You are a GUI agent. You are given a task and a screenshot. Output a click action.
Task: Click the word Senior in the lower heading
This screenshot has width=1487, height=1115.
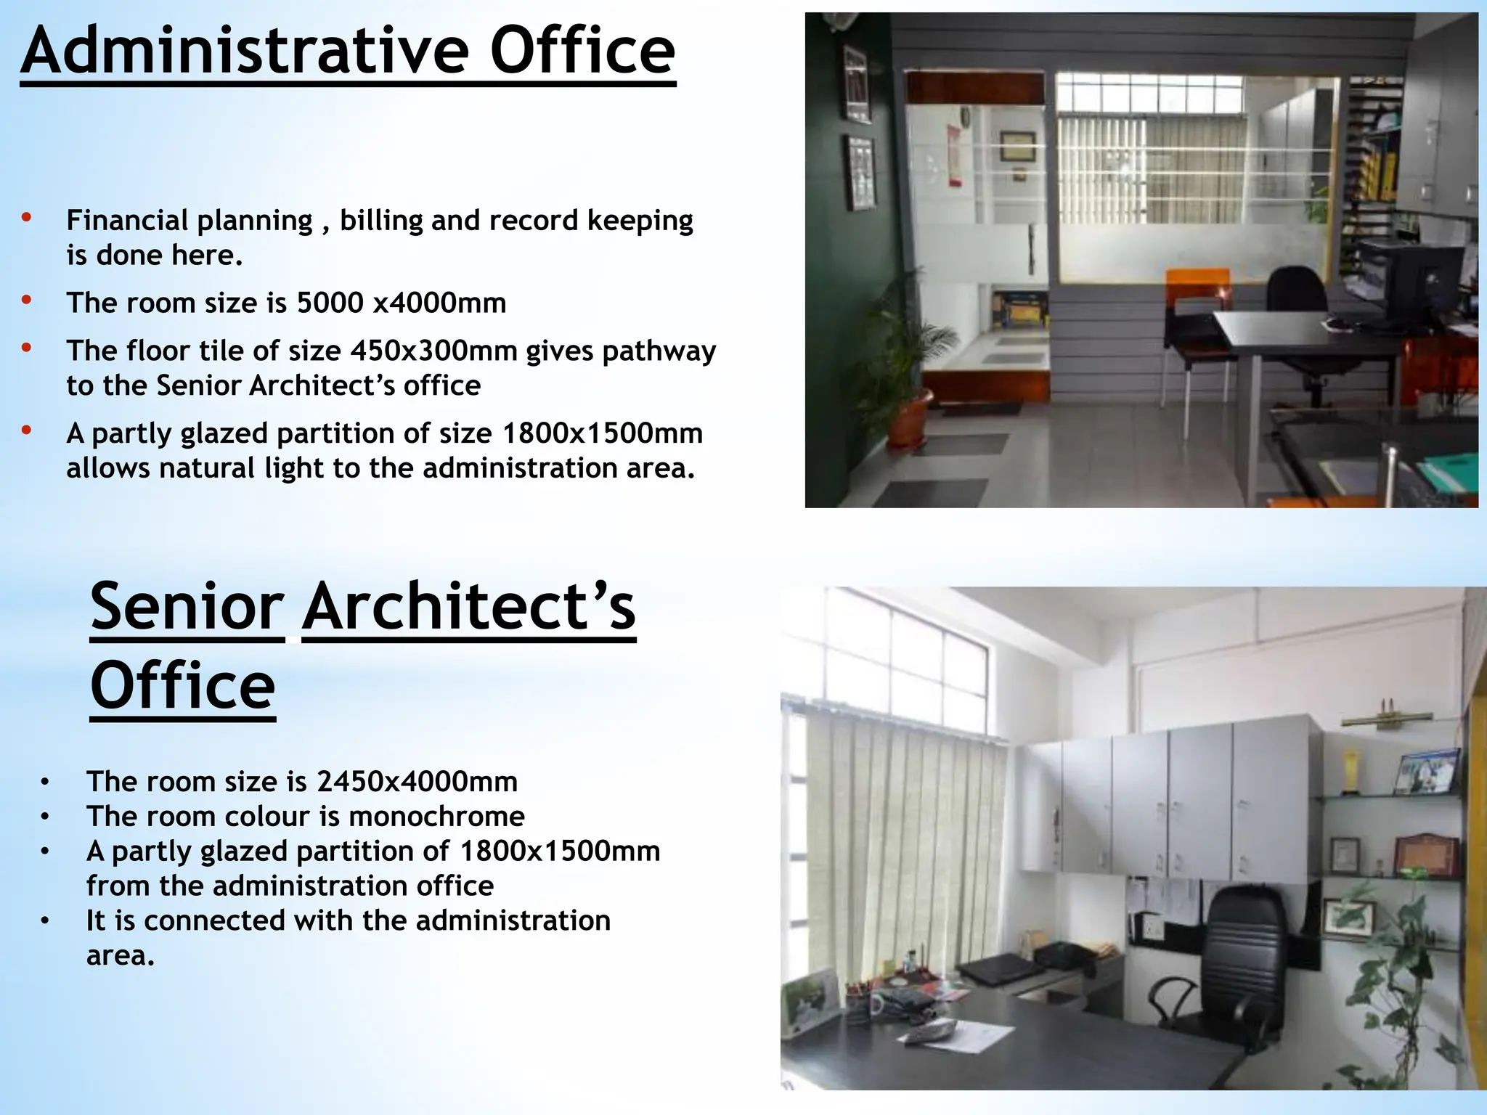click(x=187, y=608)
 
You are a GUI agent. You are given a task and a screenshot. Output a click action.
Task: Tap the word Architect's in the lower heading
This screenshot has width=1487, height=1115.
click(x=469, y=608)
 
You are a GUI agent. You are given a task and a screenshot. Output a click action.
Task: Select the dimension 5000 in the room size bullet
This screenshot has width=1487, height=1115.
click(x=330, y=303)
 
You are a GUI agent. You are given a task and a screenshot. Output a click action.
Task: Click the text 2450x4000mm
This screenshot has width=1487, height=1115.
click(x=417, y=782)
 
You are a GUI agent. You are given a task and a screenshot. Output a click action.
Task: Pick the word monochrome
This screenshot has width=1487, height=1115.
click(x=436, y=817)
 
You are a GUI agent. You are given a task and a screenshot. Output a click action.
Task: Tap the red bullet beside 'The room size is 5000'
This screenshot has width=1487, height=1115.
click(x=27, y=300)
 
